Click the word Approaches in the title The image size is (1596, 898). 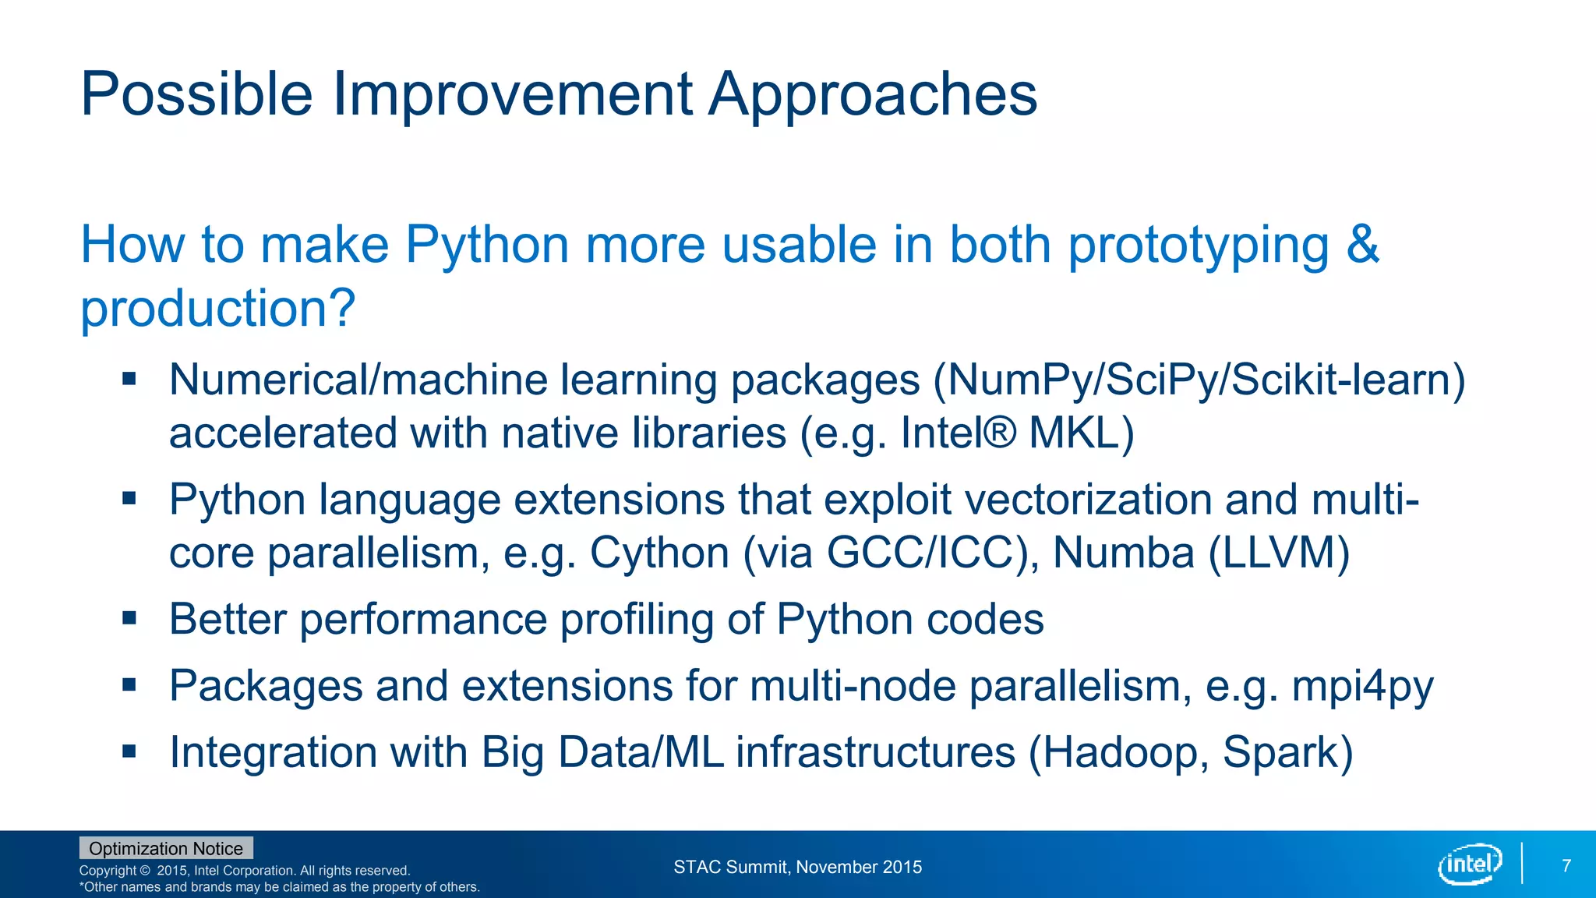pos(873,94)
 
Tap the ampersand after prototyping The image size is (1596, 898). pos(1362,245)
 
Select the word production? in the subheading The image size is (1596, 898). pos(218,309)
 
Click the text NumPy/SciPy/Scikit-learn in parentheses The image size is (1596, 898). pos(1199,380)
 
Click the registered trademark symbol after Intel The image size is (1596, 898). pos(1000,431)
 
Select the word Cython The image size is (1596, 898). pos(659,553)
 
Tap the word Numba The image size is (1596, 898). pos(1123,553)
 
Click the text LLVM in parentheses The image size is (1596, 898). pos(1278,553)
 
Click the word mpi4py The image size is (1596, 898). pos(1362,687)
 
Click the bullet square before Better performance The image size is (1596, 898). pos(129,619)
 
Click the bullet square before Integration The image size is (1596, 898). pos(129,752)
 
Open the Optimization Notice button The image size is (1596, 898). pos(166,848)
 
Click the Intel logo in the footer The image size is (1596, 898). pos(1469,864)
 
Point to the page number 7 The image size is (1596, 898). pos(1566,866)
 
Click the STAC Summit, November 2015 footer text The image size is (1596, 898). pos(797,867)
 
